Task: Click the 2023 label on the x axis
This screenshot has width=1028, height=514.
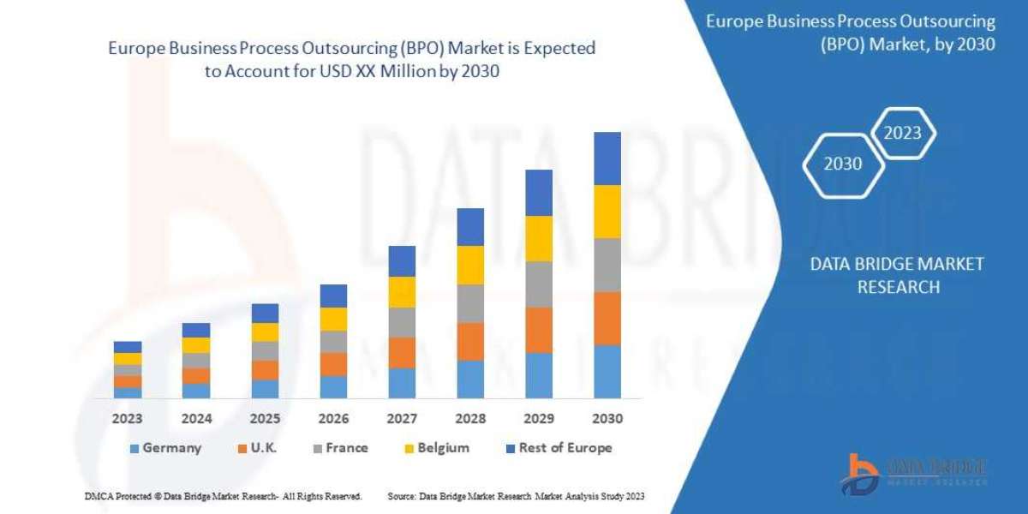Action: [128, 419]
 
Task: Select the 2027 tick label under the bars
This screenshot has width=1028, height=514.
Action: [402, 419]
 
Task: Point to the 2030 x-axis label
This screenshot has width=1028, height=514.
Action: [607, 419]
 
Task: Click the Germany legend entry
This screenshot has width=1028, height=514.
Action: [165, 448]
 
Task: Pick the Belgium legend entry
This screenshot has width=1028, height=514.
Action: [437, 448]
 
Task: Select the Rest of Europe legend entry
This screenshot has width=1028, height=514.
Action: [559, 448]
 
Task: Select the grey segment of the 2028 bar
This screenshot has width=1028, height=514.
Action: [470, 303]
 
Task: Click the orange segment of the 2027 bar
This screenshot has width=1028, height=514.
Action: [402, 352]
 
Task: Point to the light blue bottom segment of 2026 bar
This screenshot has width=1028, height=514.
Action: [333, 386]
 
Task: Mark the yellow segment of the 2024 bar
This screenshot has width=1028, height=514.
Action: [196, 345]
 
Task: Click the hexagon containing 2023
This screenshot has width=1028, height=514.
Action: [902, 133]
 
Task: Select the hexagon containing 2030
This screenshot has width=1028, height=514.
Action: [843, 164]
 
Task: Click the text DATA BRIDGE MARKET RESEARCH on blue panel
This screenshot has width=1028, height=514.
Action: [897, 275]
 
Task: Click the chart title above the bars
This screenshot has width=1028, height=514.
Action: [351, 60]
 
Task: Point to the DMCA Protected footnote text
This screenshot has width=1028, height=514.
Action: [223, 496]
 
